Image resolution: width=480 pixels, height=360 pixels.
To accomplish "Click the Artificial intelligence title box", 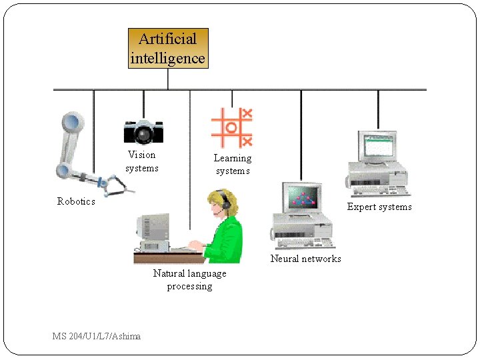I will [x=168, y=49].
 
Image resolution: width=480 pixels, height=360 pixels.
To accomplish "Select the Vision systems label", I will [x=142, y=161].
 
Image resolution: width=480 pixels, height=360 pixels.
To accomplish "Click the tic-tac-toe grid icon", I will [x=231, y=127].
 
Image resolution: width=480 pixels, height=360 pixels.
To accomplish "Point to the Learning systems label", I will [x=233, y=165].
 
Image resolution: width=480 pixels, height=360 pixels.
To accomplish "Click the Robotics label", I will [x=76, y=201].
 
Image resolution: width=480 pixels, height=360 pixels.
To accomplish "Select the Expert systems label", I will [x=379, y=207].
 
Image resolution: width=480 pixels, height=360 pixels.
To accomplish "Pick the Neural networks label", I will [x=305, y=259].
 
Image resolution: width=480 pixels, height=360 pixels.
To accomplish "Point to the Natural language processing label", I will [x=189, y=280].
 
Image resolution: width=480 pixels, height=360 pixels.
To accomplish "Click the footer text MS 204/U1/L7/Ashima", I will [x=97, y=336].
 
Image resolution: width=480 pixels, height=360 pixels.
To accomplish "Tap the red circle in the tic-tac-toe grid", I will [x=231, y=127].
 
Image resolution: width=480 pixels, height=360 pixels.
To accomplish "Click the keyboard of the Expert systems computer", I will [x=377, y=191].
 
